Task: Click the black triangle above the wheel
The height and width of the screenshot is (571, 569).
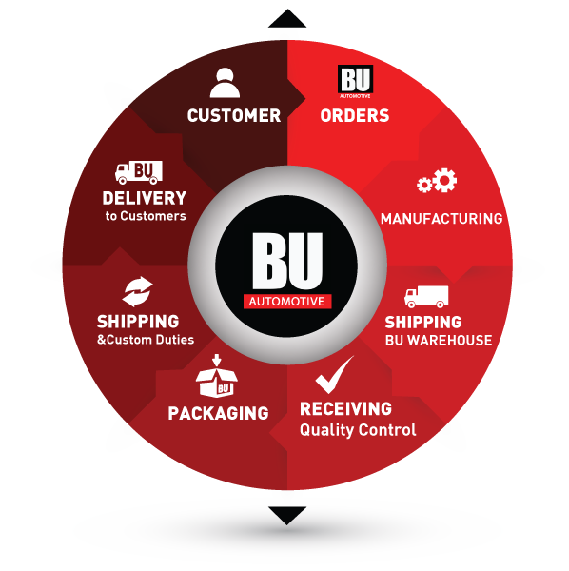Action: pos(287,20)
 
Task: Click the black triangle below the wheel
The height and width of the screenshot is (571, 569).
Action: pos(287,514)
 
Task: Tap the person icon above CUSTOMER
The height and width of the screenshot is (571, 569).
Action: pos(225,83)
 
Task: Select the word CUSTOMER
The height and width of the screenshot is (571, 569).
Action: pos(234,115)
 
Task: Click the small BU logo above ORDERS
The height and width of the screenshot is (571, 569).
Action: pos(355,81)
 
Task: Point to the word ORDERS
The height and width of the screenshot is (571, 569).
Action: pos(355,115)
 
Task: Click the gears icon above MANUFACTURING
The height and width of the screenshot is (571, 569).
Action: pos(437,180)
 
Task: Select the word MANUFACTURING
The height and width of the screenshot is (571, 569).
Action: pos(441,219)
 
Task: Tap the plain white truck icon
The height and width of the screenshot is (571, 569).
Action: pos(426,296)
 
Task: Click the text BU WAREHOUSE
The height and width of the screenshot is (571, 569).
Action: pos(439,340)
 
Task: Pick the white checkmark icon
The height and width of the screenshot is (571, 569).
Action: pos(334,375)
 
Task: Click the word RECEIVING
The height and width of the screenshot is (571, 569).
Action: pos(345,408)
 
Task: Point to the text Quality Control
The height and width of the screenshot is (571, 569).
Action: pos(358,430)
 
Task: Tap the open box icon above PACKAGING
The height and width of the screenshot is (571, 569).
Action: pos(217,376)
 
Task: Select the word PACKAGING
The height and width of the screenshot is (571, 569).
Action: pos(218,413)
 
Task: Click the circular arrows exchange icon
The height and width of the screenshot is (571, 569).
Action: pos(137,292)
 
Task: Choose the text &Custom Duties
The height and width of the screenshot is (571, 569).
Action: pos(146,340)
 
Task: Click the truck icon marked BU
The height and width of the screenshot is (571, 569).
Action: pos(139,172)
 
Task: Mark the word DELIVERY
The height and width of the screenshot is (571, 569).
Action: pos(145,198)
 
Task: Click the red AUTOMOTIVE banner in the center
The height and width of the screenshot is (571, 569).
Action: pos(287,301)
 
